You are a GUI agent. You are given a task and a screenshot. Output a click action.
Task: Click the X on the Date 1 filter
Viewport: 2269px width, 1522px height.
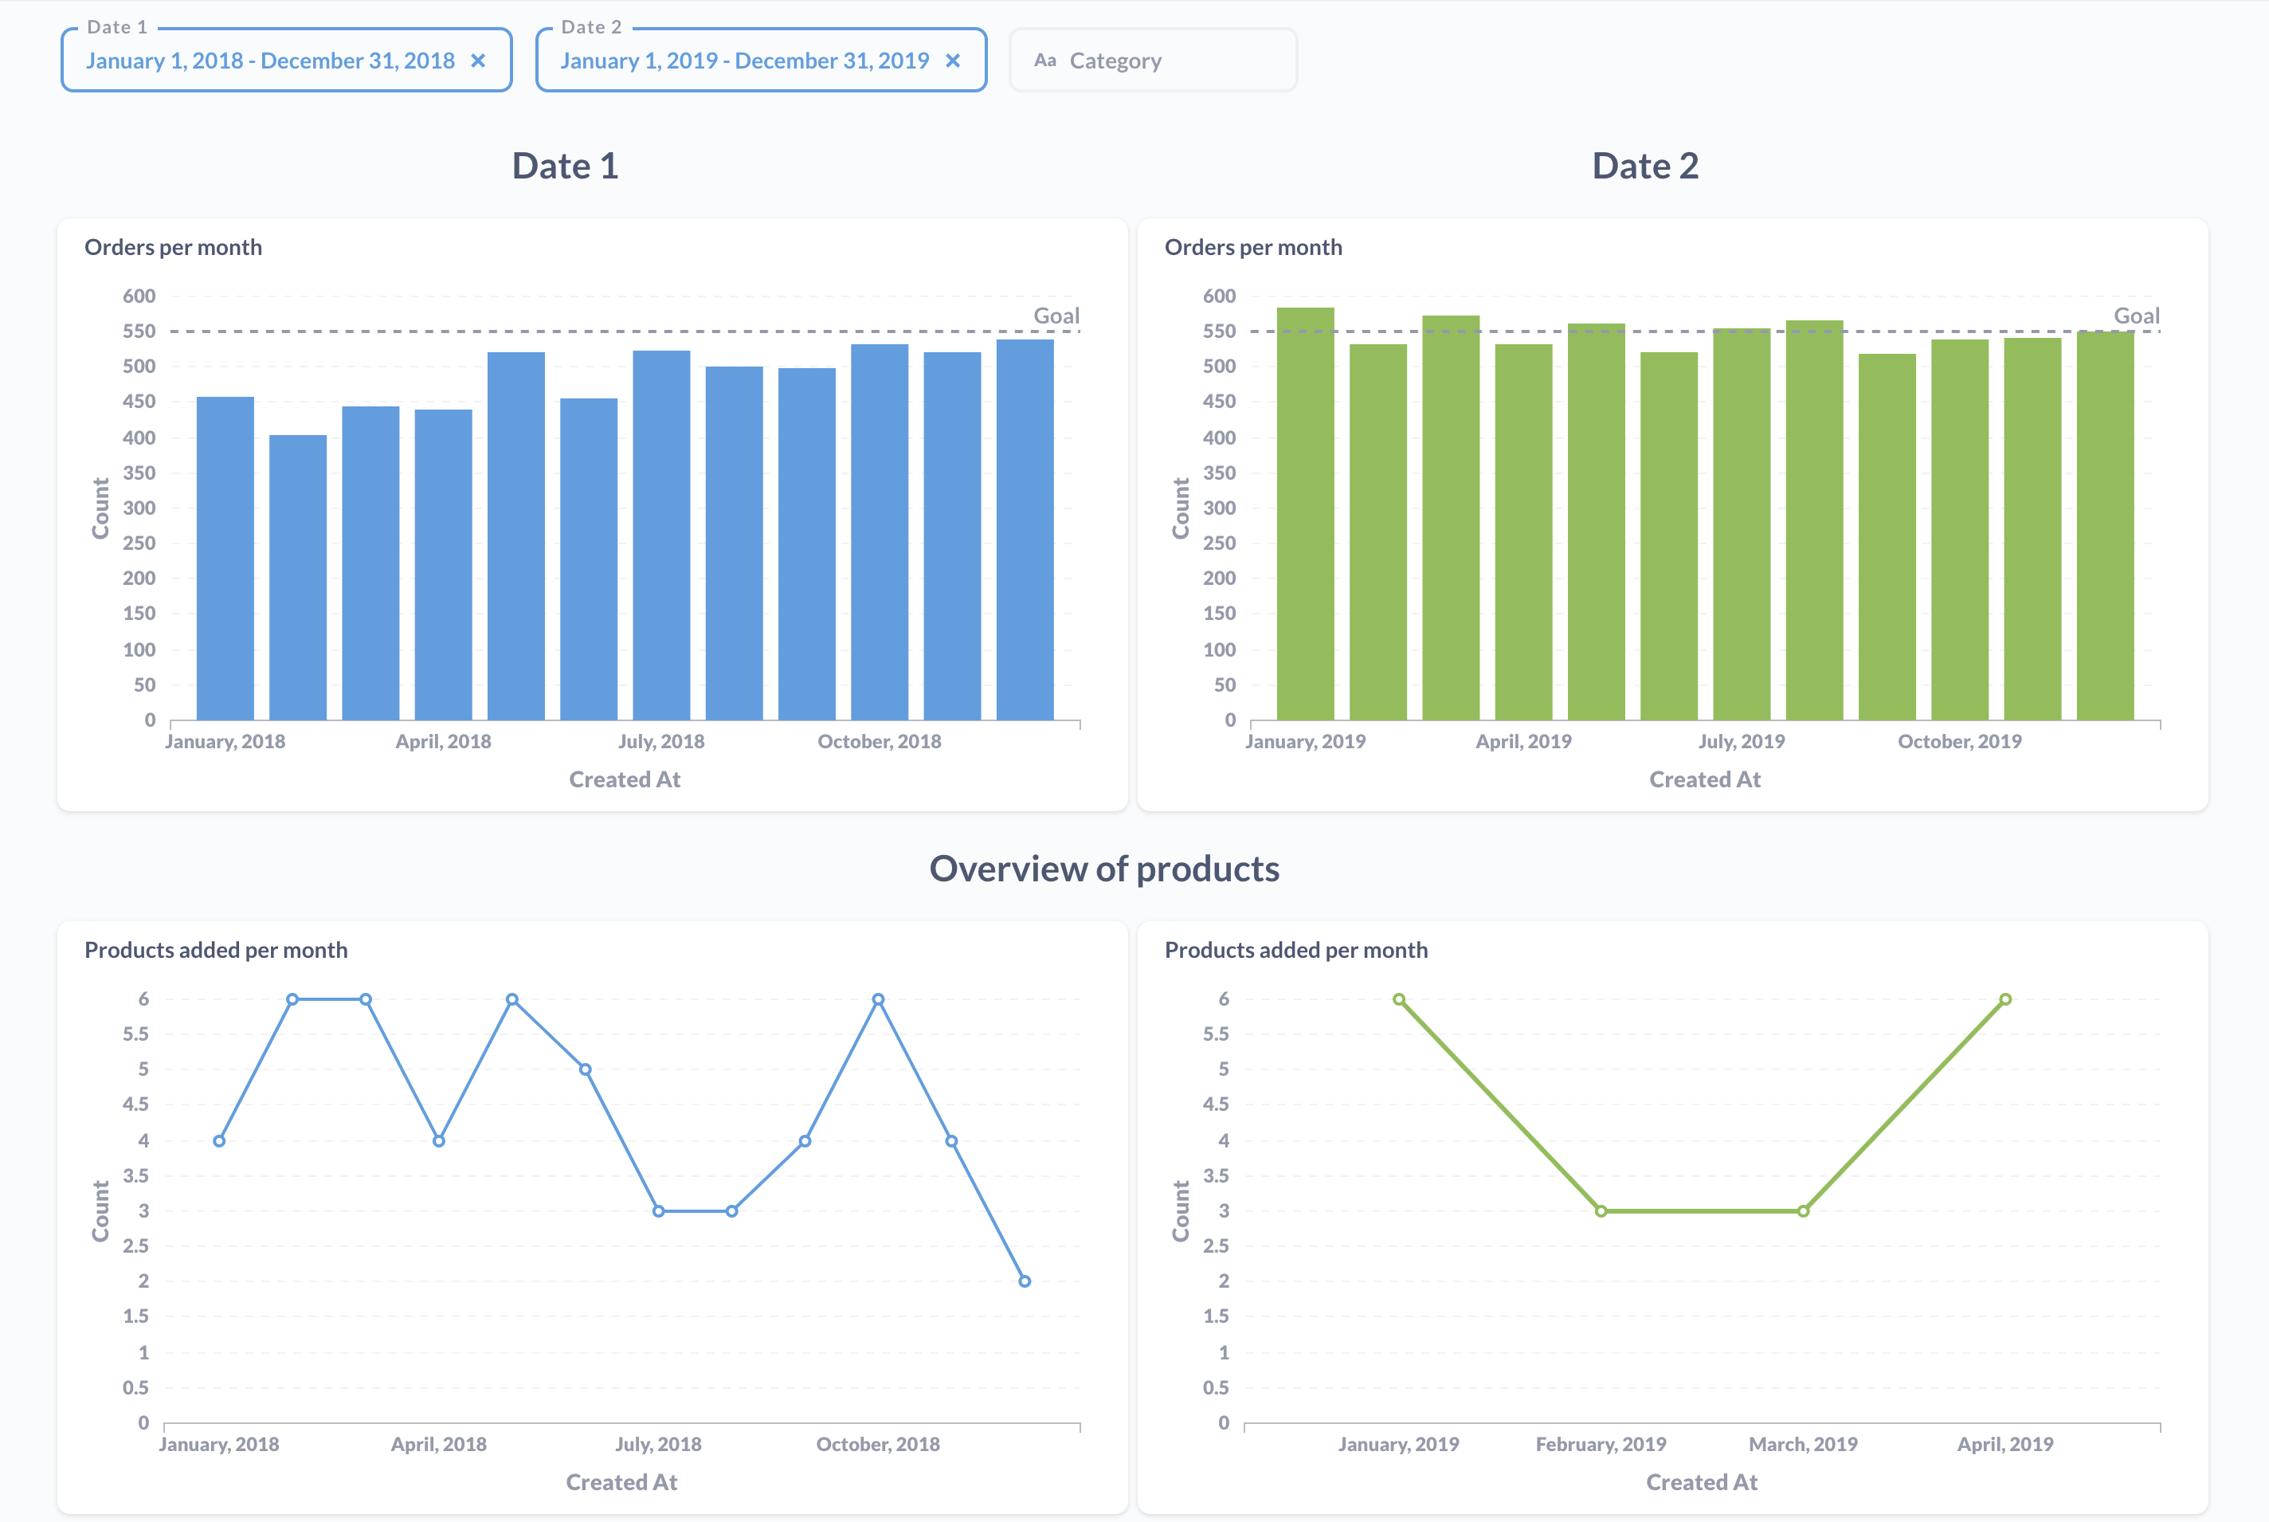pyautogui.click(x=477, y=61)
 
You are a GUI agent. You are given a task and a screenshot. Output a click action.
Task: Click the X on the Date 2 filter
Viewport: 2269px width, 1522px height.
pyautogui.click(x=952, y=61)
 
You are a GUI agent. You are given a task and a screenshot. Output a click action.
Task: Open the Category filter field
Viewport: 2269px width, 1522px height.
pyautogui.click(x=1152, y=61)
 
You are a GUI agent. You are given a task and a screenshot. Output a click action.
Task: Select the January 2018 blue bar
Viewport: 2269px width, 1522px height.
pyautogui.click(x=225, y=558)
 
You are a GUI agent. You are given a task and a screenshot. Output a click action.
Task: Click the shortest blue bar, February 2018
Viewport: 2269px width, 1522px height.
pyautogui.click(x=298, y=578)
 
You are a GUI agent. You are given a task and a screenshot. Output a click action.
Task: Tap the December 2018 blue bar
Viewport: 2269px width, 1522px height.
pyautogui.click(x=1025, y=529)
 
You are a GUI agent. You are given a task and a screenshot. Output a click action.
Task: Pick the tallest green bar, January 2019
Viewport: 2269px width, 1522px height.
pyautogui.click(x=1305, y=515)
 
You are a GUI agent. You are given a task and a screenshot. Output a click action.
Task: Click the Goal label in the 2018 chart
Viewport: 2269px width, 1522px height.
pyautogui.click(x=1056, y=316)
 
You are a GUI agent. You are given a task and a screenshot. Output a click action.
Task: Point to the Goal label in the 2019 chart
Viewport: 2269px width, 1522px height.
pyautogui.click(x=2136, y=316)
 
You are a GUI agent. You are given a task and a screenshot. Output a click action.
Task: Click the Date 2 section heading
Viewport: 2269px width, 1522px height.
pyautogui.click(x=1645, y=166)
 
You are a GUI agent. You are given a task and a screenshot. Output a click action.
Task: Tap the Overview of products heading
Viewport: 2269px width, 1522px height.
pyautogui.click(x=1104, y=869)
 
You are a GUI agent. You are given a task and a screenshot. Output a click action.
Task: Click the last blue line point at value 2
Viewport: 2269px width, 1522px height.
pyautogui.click(x=1025, y=1281)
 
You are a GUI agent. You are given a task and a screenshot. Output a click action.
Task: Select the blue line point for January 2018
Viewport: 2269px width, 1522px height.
pyautogui.click(x=219, y=1140)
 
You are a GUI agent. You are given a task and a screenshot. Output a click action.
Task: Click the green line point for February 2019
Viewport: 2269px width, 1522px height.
pyautogui.click(x=1601, y=1210)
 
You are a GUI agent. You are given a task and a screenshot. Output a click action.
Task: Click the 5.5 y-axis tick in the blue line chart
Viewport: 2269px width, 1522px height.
pyautogui.click(x=136, y=1034)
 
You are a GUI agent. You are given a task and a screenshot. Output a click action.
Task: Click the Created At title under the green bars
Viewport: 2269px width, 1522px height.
pyautogui.click(x=1704, y=779)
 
